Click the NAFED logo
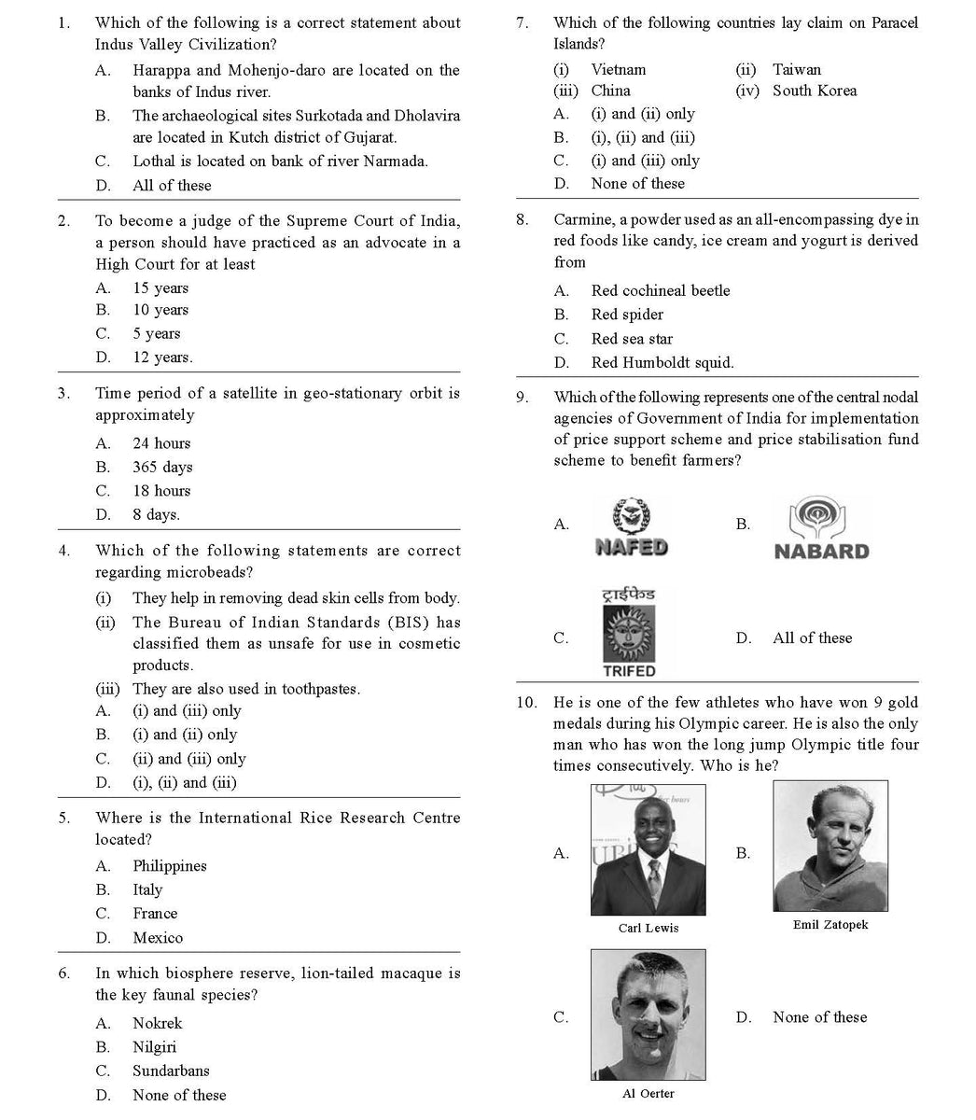632,527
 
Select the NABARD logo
821,529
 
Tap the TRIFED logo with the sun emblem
629,632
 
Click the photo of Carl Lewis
648,849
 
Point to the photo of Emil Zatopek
830,846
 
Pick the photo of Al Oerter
648,1015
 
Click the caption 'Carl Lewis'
648,928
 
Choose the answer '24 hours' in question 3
160,443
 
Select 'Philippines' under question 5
169,866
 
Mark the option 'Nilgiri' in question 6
154,1047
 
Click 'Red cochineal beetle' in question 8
660,290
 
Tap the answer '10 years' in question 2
160,310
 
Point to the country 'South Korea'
814,91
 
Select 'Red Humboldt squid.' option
662,362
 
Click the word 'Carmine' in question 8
582,219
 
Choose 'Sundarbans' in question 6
170,1071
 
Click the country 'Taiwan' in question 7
796,69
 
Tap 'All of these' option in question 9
812,637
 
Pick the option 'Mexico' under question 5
157,937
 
